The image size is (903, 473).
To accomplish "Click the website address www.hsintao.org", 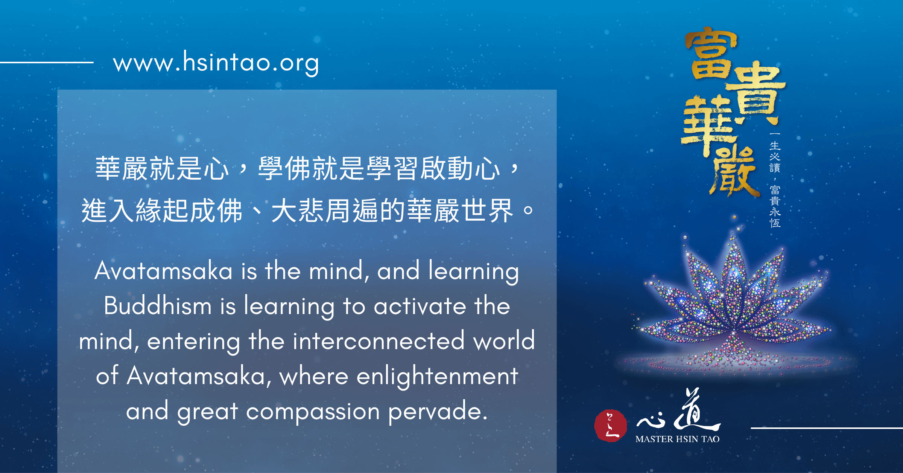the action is click(216, 63).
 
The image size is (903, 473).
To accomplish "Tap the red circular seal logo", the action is click(610, 426).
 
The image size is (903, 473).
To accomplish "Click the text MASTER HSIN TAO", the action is click(677, 439).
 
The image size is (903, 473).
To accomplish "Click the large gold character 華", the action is click(707, 124).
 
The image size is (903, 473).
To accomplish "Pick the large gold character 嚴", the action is click(734, 171).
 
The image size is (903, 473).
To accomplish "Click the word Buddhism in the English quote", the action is click(158, 306).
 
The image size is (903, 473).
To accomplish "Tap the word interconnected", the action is click(379, 341).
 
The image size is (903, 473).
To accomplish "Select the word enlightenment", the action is click(437, 377).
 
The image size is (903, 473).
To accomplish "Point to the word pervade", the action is click(438, 411).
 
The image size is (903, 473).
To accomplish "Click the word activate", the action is click(420, 306).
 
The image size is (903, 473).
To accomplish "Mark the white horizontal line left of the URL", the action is click(47, 62).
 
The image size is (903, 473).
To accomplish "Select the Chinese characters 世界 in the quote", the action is click(487, 210).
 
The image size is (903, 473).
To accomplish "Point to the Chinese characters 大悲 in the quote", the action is click(297, 210).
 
